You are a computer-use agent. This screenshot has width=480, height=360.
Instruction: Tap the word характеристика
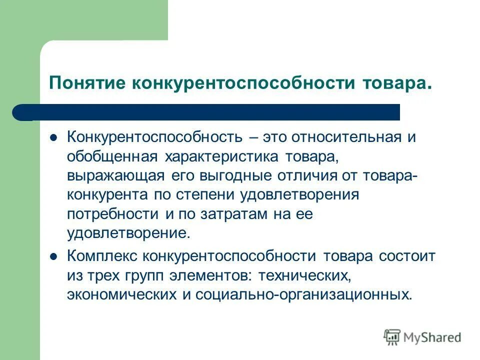pos(221,157)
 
